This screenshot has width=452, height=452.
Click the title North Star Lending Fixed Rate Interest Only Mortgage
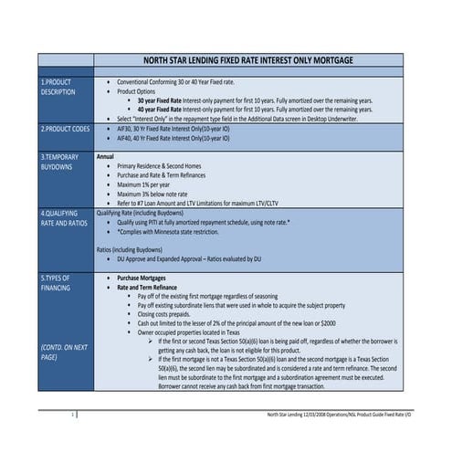pyautogui.click(x=248, y=59)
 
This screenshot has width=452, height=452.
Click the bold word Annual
pyautogui.click(x=106, y=156)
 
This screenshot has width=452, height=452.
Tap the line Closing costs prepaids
pyautogui.click(x=173, y=313)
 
